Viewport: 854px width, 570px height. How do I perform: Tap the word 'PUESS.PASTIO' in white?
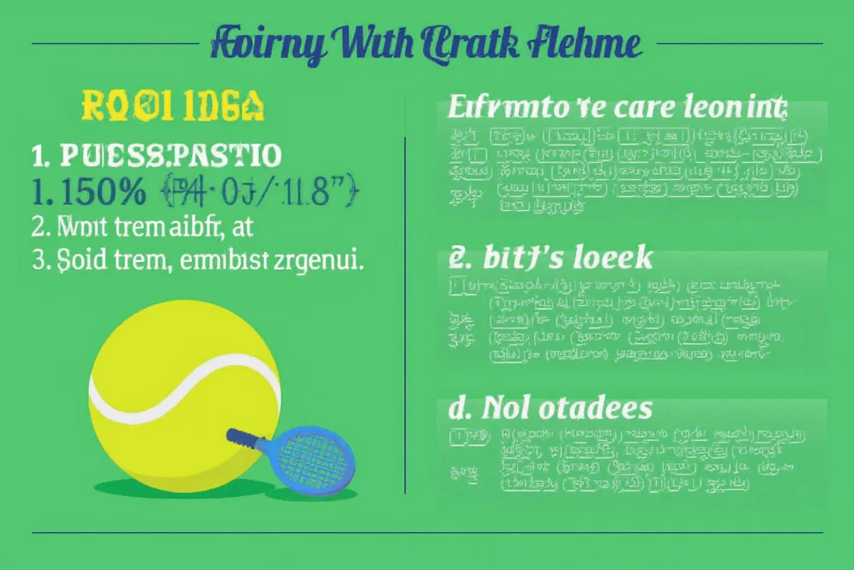click(170, 155)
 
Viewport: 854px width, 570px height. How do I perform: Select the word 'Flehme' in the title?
click(584, 44)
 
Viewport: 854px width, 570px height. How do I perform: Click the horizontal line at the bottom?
click(427, 532)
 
